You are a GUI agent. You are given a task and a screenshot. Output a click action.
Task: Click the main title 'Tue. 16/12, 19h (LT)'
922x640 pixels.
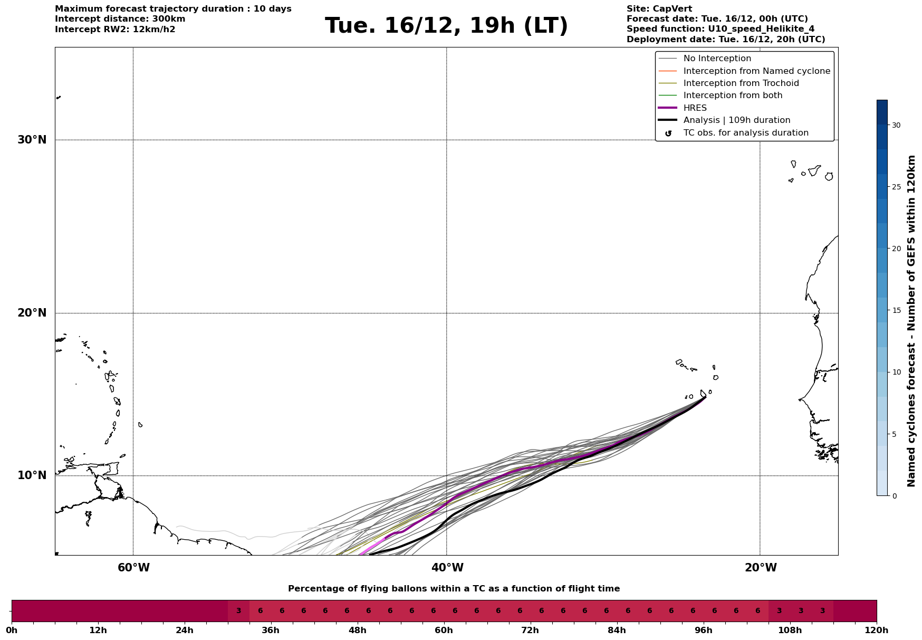pyautogui.click(x=446, y=26)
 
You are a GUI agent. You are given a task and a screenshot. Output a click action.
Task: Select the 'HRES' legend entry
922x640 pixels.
pyautogui.click(x=695, y=108)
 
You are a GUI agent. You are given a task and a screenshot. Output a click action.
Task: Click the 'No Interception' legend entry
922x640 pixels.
pyautogui.click(x=717, y=59)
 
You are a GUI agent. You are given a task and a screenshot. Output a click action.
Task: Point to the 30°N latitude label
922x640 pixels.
pyautogui.click(x=32, y=140)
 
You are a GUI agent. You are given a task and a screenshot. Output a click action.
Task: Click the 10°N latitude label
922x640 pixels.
pyautogui.click(x=32, y=475)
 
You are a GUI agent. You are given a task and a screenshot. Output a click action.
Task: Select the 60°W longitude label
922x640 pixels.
pyautogui.click(x=133, y=568)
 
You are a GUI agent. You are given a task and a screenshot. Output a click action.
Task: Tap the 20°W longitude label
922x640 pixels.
pyautogui.click(x=760, y=568)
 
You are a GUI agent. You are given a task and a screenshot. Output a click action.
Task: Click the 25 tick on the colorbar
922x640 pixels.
pyautogui.click(x=896, y=187)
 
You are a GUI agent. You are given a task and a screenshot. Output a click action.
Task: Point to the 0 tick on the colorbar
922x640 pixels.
pyautogui.click(x=894, y=496)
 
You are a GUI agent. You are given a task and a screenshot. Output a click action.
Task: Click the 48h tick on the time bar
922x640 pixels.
pyautogui.click(x=358, y=630)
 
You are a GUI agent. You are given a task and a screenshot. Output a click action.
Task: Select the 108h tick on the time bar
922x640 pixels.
pyautogui.click(x=790, y=630)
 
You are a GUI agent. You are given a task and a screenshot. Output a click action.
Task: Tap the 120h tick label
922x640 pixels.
pyautogui.click(x=877, y=630)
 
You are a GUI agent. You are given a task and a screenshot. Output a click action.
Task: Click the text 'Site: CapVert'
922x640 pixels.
pyautogui.click(x=659, y=9)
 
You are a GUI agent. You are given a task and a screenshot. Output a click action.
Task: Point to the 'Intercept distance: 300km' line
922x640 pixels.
pyautogui.click(x=120, y=19)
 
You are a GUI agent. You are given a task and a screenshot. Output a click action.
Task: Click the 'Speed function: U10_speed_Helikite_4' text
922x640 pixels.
pyautogui.click(x=721, y=29)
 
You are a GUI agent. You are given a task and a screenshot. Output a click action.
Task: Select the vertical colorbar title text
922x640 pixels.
pyautogui.click(x=911, y=321)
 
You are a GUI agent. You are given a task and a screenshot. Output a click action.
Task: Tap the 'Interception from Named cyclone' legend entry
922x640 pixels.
pyautogui.click(x=757, y=71)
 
